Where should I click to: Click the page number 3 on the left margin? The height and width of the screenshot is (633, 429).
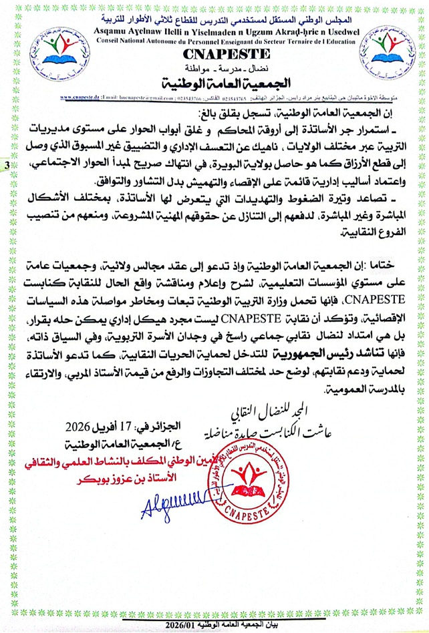pyautogui.click(x=6, y=164)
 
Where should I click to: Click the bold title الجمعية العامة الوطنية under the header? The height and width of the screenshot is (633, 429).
pyautogui.click(x=214, y=83)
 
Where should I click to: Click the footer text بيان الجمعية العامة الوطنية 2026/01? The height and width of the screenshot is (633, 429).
pyautogui.click(x=214, y=624)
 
